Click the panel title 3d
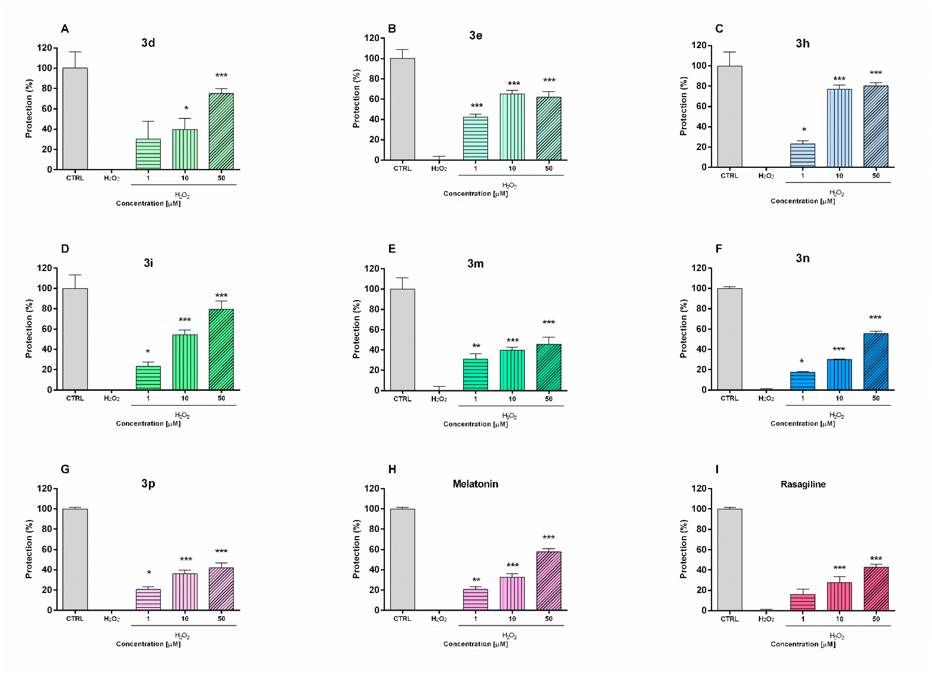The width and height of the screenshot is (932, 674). (x=148, y=43)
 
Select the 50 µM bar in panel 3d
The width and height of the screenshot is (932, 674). (x=221, y=131)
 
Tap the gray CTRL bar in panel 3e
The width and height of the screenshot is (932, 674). (x=402, y=109)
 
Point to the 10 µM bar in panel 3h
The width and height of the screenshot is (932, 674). (x=839, y=128)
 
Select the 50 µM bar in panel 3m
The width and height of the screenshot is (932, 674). (x=549, y=367)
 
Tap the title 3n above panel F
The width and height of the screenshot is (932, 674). (x=803, y=258)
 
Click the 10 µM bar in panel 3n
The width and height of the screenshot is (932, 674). (x=839, y=374)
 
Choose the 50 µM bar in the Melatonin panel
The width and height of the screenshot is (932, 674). (x=549, y=581)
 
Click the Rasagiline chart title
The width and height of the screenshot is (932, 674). (x=803, y=484)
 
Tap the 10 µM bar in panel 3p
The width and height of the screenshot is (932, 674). (x=185, y=592)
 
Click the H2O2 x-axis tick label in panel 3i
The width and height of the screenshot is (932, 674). (x=111, y=398)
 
